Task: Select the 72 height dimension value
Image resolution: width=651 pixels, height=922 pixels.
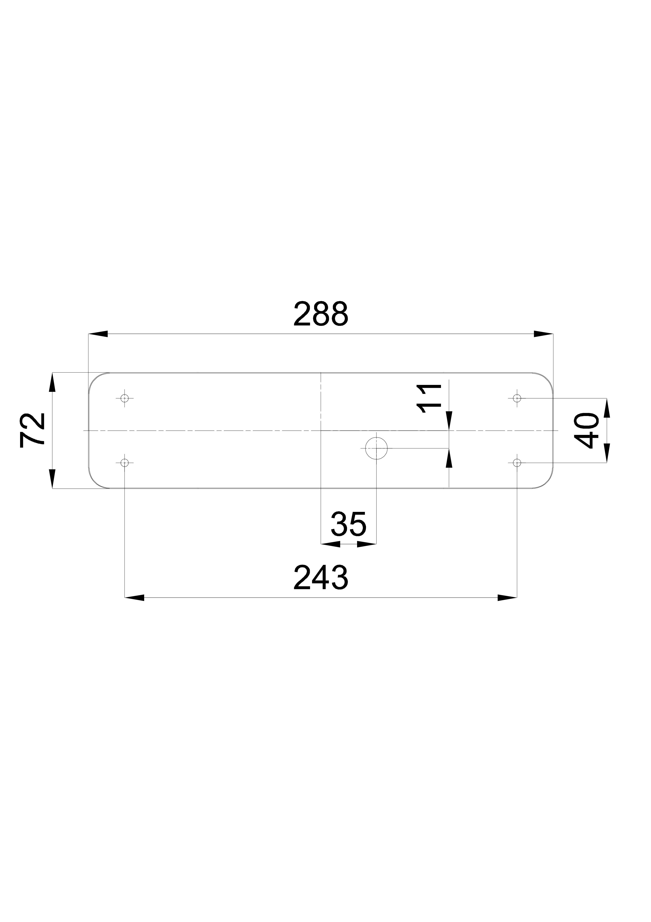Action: pyautogui.click(x=32, y=430)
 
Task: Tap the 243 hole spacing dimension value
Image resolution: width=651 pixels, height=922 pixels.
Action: pyautogui.click(x=321, y=577)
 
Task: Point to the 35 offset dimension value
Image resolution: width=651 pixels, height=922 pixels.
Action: pyautogui.click(x=349, y=524)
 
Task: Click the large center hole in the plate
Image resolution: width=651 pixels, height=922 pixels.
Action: pyautogui.click(x=376, y=448)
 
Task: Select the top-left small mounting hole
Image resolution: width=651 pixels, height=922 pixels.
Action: pyautogui.click(x=125, y=398)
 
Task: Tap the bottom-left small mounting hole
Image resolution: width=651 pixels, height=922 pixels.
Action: pyautogui.click(x=125, y=463)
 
